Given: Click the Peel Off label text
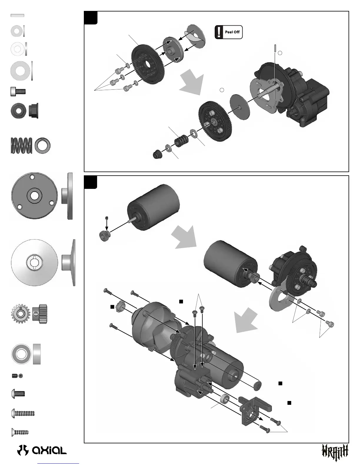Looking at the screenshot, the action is (232, 32).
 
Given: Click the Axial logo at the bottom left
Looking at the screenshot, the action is (42, 450).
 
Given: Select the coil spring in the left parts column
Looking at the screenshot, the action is (21, 145).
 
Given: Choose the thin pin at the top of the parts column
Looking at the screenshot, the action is (17, 16).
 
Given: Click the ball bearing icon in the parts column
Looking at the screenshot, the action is (21, 354).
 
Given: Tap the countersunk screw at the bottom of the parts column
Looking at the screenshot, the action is (20, 432).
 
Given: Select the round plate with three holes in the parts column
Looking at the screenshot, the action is (34, 196).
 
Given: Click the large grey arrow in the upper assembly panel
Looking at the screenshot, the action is (192, 83).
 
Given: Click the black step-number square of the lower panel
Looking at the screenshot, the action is (91, 182).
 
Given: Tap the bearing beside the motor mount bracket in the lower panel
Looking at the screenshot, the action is (225, 399).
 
